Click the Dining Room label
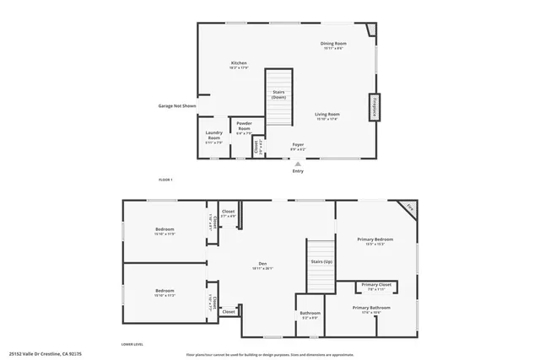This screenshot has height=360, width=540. click(x=333, y=44)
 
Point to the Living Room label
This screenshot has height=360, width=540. click(x=327, y=115)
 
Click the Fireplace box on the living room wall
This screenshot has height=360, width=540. click(x=372, y=108)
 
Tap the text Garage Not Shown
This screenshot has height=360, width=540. click(x=177, y=106)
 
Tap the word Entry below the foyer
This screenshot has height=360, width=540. click(x=297, y=171)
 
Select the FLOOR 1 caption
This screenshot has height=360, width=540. click(x=165, y=180)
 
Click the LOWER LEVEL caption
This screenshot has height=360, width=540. click(x=132, y=344)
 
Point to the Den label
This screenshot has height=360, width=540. click(x=262, y=266)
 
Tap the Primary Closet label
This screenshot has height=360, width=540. click(x=376, y=286)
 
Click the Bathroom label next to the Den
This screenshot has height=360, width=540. click(x=310, y=314)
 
